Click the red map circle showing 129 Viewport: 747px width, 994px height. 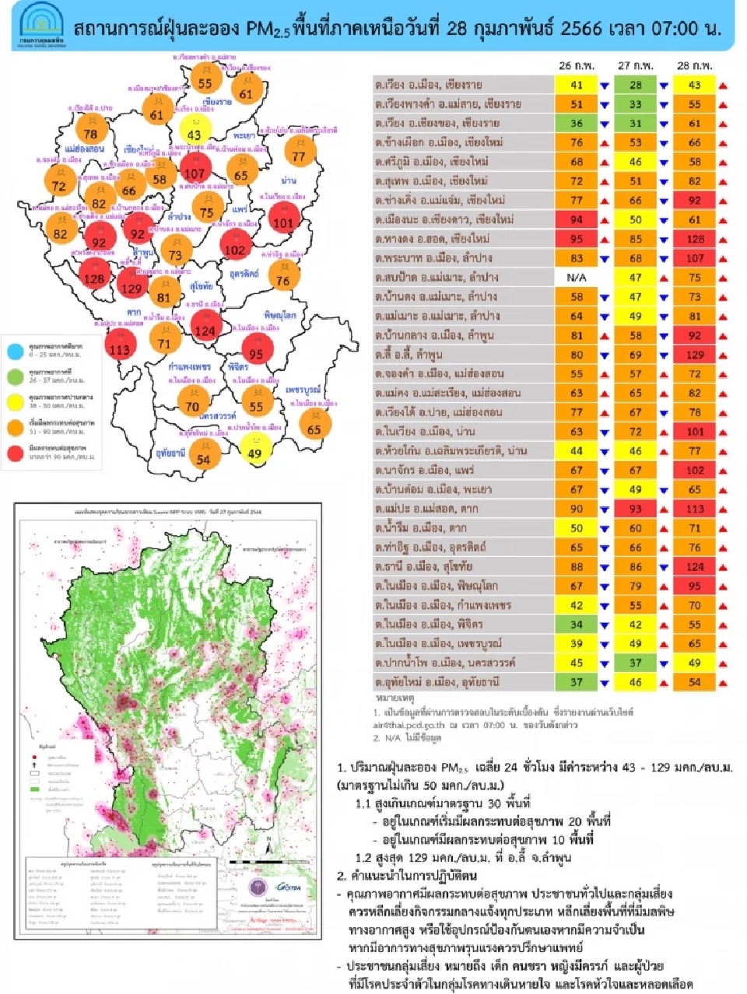click(x=131, y=288)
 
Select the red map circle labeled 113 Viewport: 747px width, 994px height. click(x=119, y=348)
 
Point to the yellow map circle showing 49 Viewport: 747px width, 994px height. click(x=254, y=453)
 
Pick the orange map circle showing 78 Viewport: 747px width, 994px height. click(x=91, y=133)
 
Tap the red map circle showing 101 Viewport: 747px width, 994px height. click(x=283, y=222)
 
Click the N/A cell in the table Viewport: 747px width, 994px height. click(x=576, y=277)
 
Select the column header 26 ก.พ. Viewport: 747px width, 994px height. click(x=576, y=66)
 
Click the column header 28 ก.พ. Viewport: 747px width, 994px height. click(x=694, y=66)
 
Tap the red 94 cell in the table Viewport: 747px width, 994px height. click(x=576, y=219)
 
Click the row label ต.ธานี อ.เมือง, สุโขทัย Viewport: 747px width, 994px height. click(x=424, y=566)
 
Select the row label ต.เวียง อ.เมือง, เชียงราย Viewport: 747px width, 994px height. click(x=429, y=85)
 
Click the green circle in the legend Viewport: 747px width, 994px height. click(x=16, y=376)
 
